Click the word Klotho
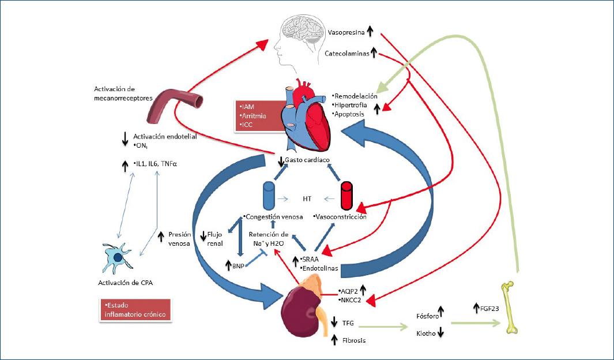point(426,333)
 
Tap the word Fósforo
point(427,316)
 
